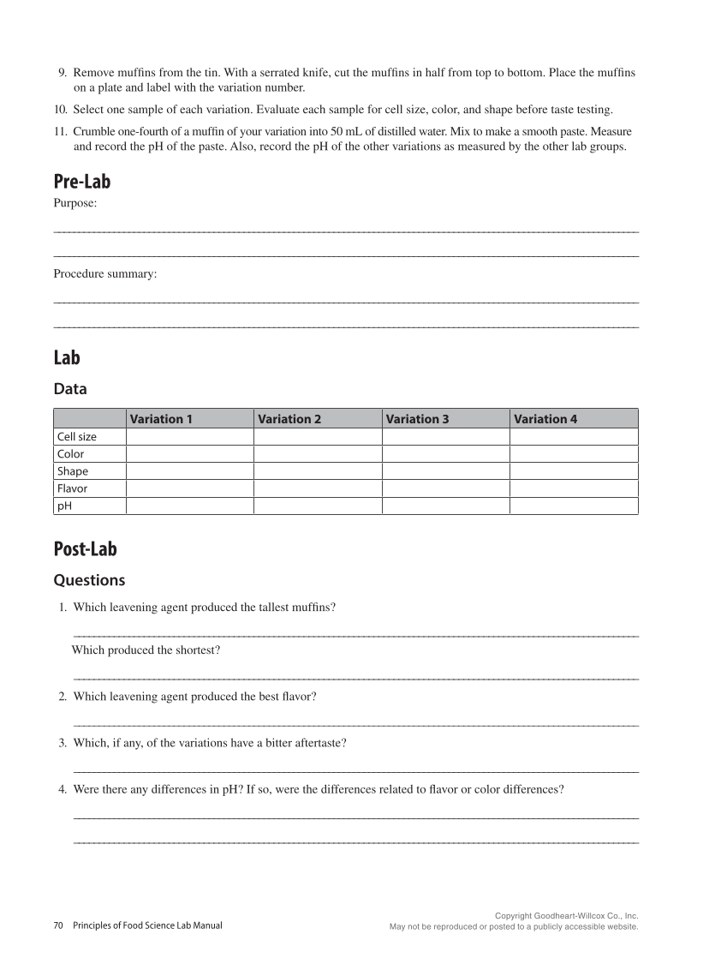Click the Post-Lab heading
(x=85, y=549)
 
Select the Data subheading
(x=70, y=389)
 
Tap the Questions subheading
(x=89, y=580)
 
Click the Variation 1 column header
(x=161, y=419)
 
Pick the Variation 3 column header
(x=417, y=419)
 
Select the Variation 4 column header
(x=545, y=419)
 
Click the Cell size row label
(x=77, y=437)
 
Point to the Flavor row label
(x=73, y=488)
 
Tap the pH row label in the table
(x=63, y=506)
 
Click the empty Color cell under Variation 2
(x=317, y=454)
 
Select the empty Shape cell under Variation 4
(x=574, y=471)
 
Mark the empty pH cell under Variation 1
(x=189, y=506)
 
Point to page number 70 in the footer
(x=58, y=925)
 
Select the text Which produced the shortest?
(x=146, y=650)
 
